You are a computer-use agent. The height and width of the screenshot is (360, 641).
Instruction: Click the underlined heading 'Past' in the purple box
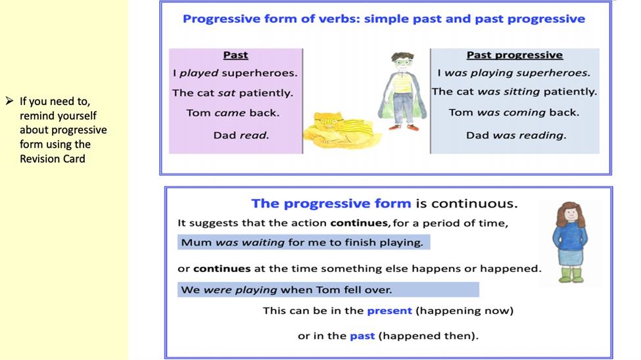(235, 55)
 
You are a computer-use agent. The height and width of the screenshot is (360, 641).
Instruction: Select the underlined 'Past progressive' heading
(515, 55)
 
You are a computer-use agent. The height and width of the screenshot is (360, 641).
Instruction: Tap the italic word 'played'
(199, 74)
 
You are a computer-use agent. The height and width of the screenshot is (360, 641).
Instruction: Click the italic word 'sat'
(226, 93)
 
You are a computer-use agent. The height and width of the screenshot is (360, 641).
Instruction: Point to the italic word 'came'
(229, 113)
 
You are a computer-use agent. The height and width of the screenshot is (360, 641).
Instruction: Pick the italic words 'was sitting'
(509, 92)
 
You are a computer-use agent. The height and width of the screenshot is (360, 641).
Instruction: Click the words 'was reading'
(529, 135)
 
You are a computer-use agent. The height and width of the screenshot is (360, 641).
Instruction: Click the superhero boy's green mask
(402, 63)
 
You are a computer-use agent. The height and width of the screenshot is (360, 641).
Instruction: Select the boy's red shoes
(404, 127)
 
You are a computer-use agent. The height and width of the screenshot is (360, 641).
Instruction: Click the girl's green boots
(571, 275)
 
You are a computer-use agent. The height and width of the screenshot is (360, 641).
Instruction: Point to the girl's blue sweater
(570, 235)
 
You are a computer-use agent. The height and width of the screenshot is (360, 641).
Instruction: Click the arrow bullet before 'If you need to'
(9, 101)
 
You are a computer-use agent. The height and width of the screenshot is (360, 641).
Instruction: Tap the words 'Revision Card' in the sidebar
(53, 159)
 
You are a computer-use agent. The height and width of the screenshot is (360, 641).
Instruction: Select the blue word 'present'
(390, 311)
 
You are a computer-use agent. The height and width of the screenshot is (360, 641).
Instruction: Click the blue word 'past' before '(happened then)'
(362, 336)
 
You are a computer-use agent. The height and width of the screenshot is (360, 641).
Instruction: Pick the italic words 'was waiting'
(250, 242)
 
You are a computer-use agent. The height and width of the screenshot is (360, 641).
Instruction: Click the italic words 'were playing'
(241, 290)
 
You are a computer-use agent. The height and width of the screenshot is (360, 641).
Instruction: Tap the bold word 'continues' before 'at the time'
(222, 269)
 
